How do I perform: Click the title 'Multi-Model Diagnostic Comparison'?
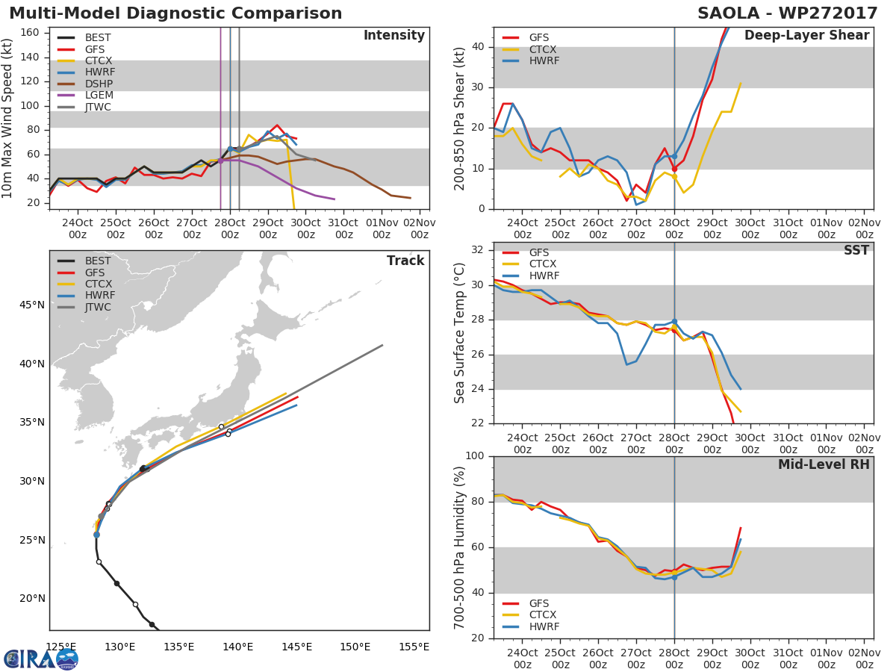coord(175,13)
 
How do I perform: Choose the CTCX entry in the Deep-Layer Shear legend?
coord(543,49)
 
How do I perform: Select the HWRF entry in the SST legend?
coord(543,276)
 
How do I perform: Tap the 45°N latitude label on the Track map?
coord(31,305)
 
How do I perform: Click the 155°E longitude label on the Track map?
coord(414,647)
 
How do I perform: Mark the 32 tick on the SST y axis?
coord(478,250)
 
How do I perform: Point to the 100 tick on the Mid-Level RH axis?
coord(475,456)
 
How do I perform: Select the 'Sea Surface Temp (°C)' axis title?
coord(460,333)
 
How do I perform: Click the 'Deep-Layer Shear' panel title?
coord(806,35)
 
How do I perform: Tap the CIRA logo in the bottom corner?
coord(41,659)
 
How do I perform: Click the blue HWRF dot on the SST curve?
coord(674,321)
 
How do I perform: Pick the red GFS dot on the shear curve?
coord(674,169)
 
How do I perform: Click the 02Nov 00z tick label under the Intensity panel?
coord(419,228)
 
